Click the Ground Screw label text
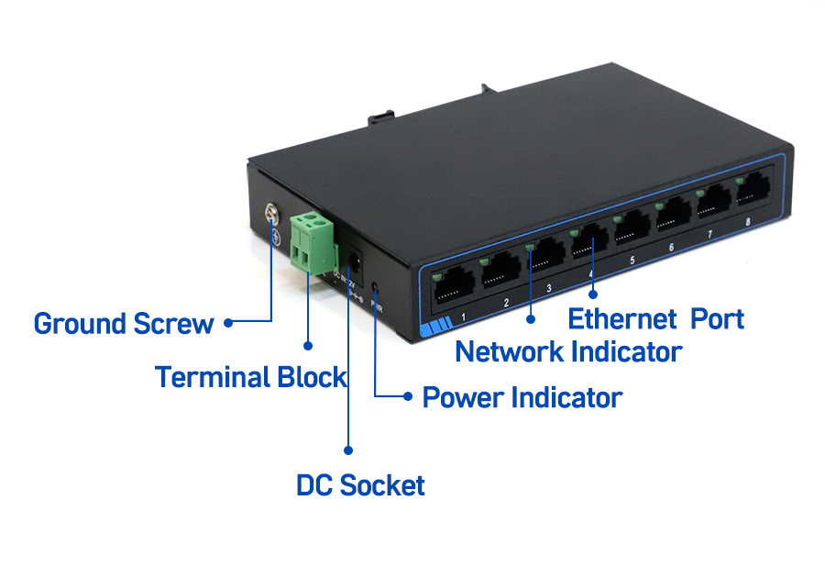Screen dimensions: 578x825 (123, 324)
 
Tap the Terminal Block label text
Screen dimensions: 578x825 (250, 377)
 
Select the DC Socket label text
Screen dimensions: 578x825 (360, 485)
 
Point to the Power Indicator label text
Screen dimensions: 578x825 (522, 398)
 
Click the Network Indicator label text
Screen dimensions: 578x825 (568, 351)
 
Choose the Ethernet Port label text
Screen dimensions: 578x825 (655, 319)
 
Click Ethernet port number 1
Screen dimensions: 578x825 (452, 288)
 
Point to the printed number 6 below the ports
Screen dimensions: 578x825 (671, 248)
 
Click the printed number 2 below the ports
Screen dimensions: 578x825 (506, 302)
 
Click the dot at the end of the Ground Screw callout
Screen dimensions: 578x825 (227, 322)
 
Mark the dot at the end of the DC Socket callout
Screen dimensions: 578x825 (348, 450)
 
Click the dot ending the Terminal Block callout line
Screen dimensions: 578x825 (308, 347)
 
